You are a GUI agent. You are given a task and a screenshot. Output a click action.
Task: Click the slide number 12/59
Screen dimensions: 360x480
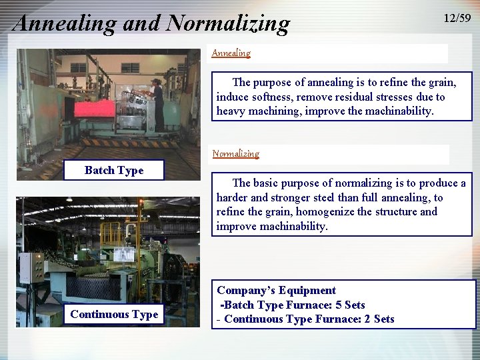[457, 19]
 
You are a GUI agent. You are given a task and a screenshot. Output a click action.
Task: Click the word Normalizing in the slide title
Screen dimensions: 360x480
[229, 23]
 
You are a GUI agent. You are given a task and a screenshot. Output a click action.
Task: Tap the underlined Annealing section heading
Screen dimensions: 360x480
[231, 53]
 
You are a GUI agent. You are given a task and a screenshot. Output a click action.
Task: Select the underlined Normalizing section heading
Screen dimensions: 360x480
[235, 153]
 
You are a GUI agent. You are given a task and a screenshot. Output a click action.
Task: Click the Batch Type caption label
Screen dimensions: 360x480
[114, 171]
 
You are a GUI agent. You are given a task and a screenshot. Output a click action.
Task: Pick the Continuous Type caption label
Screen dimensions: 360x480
[114, 315]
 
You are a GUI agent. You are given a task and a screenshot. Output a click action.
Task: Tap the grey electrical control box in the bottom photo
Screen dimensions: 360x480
[31, 267]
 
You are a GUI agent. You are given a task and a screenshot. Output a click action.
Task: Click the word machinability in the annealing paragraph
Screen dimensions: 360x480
[397, 111]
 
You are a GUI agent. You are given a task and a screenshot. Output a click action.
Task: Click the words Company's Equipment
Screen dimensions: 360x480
[276, 291]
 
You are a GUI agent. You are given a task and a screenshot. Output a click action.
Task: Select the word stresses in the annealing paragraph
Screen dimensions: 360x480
[403, 97]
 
